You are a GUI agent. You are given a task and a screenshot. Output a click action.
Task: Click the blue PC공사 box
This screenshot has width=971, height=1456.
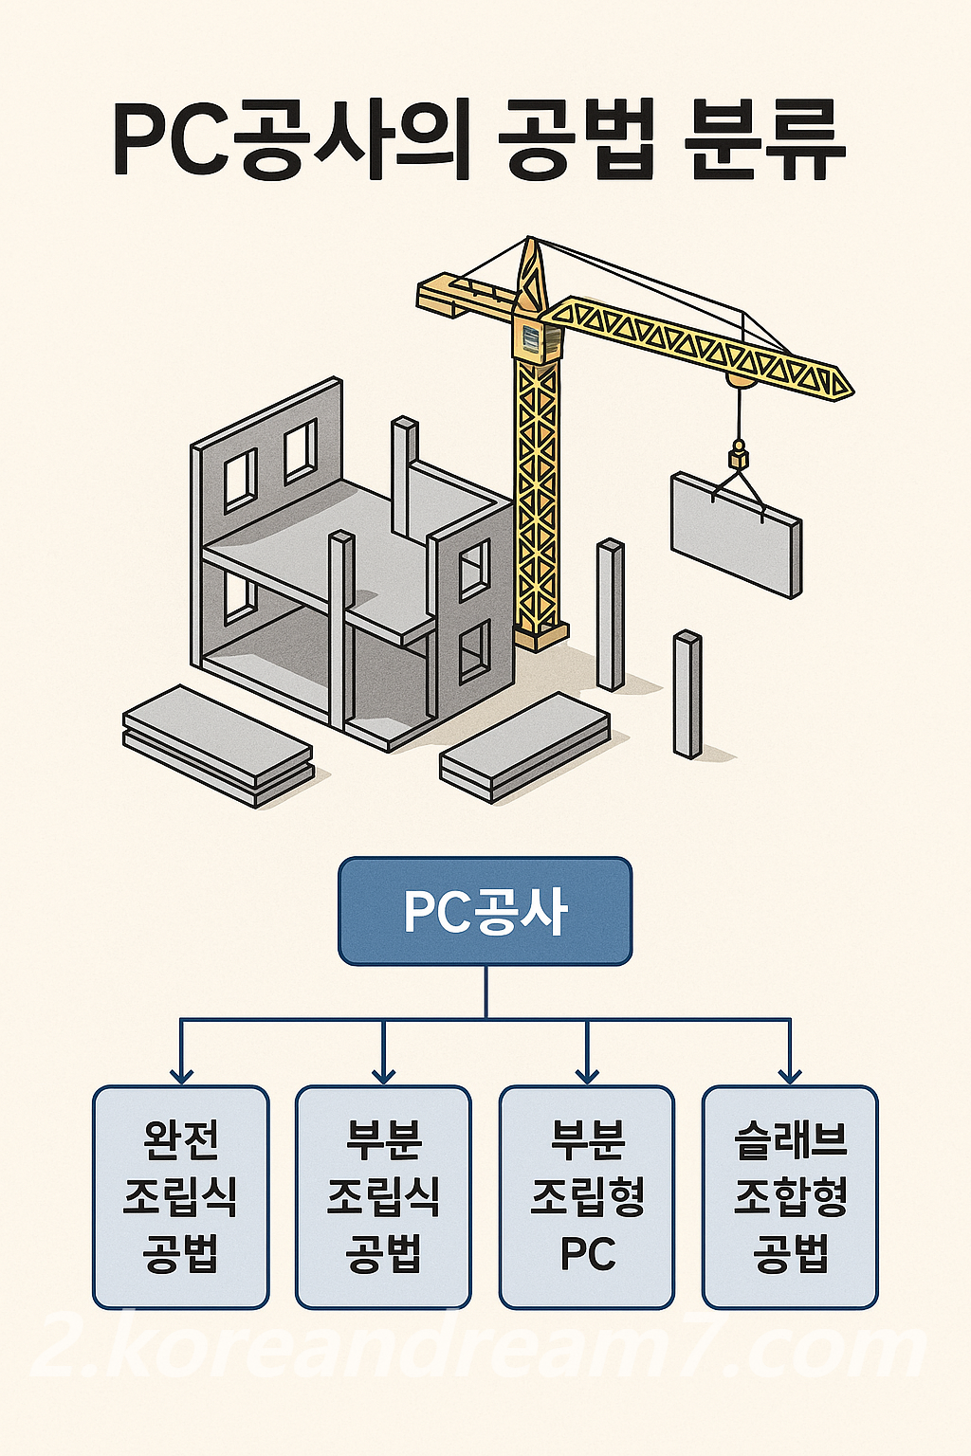tap(485, 911)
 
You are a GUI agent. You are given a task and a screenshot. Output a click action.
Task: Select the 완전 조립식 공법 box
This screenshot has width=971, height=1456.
tap(180, 1196)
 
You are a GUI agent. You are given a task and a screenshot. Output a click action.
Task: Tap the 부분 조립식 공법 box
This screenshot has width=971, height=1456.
tap(383, 1196)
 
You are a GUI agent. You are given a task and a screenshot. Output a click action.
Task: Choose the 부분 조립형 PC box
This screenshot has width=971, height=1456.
tap(587, 1196)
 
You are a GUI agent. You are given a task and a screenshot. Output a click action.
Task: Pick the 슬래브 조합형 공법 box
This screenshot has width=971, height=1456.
tap(790, 1196)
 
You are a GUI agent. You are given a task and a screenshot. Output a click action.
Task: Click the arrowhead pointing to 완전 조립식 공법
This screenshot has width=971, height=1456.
tap(181, 1075)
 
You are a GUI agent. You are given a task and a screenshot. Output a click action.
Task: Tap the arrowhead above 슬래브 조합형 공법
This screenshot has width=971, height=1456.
tap(790, 1075)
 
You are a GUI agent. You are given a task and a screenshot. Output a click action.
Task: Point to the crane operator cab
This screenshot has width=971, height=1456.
tap(532, 339)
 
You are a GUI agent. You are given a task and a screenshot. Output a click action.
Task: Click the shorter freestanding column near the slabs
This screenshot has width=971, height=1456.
tap(687, 694)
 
